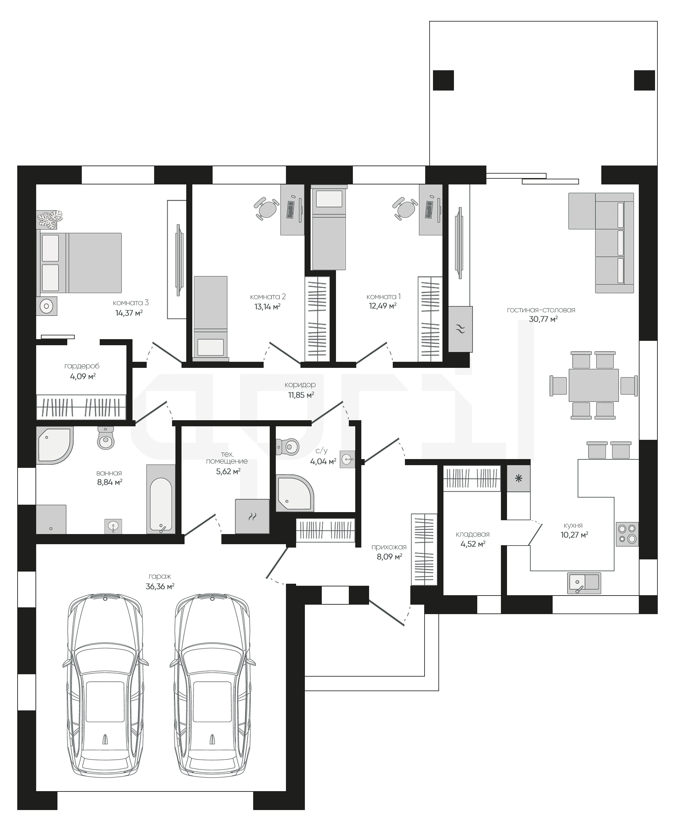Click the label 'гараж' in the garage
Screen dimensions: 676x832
pos(160,576)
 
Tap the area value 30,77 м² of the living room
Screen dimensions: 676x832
pos(543,319)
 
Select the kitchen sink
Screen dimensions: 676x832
pos(584,583)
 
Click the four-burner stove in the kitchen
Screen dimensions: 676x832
pos(627,534)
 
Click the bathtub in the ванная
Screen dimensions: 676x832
pos(161,499)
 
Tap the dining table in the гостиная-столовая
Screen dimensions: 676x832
pos(594,385)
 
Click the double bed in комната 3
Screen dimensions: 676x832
pos(79,263)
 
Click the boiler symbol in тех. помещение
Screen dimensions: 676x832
pos(252,516)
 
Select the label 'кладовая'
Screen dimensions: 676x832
pos(473,534)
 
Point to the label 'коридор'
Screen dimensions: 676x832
pos(300,385)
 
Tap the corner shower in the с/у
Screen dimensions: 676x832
pos(294,493)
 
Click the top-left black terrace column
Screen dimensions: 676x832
pos(443,80)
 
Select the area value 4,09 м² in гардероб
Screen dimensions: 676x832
pos(83,376)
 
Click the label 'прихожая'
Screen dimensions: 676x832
pos(389,547)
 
